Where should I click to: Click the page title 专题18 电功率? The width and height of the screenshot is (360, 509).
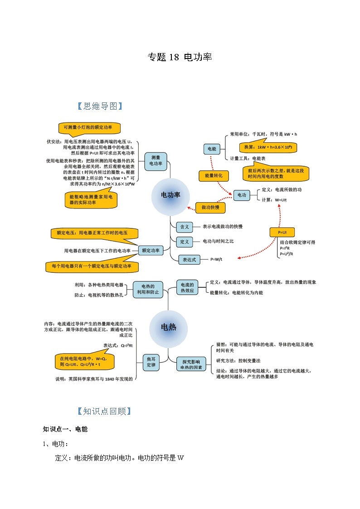[x=180, y=57]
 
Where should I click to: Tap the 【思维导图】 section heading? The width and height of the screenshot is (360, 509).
[x=100, y=106]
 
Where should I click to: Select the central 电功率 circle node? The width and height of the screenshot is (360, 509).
[x=170, y=195]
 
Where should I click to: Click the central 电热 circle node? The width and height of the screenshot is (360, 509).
[x=168, y=327]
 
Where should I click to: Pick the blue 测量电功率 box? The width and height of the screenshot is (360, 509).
[x=156, y=160]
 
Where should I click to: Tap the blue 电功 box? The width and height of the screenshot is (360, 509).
[x=242, y=195]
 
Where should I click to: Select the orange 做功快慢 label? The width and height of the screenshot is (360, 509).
[x=210, y=208]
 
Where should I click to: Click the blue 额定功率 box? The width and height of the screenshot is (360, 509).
[x=151, y=250]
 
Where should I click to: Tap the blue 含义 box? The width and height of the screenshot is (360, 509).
[x=184, y=227]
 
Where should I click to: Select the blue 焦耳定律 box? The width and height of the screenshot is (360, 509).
[x=151, y=362]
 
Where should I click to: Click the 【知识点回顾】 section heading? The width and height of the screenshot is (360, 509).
[x=105, y=411]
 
